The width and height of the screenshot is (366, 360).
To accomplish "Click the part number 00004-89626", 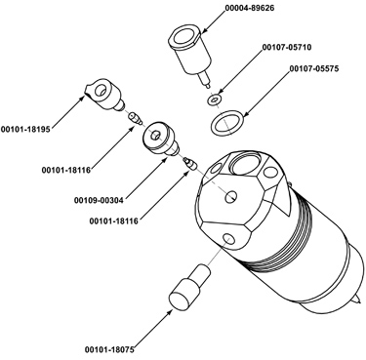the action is [x=250, y=8].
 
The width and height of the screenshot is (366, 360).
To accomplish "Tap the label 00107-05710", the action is [x=287, y=47].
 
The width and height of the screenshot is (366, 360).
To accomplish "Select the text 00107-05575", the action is [x=314, y=68].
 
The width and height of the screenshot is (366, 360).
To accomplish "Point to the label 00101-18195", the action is [x=25, y=129].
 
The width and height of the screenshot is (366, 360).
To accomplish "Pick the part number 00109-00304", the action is [x=99, y=200].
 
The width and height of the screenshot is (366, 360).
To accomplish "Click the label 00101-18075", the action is [x=109, y=349].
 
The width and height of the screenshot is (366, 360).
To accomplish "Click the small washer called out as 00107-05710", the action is [x=214, y=100].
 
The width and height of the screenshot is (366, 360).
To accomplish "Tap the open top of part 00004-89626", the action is [x=184, y=36].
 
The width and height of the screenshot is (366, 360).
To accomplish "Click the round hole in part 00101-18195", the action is [x=102, y=90].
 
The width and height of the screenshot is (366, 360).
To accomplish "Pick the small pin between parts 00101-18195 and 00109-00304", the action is [x=135, y=118].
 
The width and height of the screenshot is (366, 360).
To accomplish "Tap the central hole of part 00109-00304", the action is [x=155, y=135].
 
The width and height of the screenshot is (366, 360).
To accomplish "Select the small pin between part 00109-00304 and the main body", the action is [x=189, y=163].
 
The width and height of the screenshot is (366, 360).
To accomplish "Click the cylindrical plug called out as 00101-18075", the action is [x=188, y=286].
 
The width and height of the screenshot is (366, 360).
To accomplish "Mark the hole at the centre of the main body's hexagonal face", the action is [x=231, y=196].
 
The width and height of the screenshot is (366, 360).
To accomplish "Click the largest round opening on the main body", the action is [x=247, y=163].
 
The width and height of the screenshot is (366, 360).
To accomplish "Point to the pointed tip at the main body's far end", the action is [x=358, y=300].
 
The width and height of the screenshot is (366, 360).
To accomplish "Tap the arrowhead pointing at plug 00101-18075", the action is [x=170, y=312].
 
